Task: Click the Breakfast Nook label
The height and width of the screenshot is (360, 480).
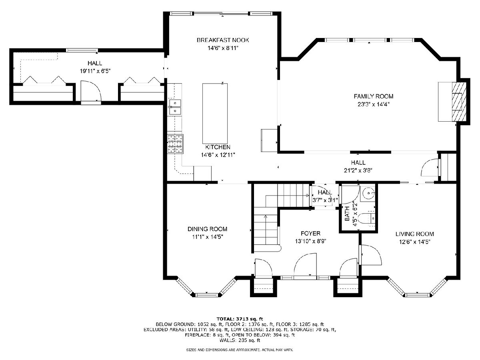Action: click(223, 40)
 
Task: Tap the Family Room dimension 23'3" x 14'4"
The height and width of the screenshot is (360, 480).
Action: click(373, 104)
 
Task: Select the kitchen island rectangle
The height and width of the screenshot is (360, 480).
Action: click(215, 113)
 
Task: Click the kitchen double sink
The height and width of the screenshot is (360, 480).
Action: click(175, 107)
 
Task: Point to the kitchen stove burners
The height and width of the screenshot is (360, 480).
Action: click(175, 144)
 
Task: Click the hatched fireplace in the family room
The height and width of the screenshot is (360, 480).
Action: click(459, 102)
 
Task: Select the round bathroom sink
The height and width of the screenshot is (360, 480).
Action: click(369, 193)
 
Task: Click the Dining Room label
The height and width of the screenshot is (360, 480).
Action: click(207, 229)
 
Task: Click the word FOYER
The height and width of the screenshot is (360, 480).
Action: click(310, 233)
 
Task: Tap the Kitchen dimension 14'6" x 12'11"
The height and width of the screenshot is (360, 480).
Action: click(218, 155)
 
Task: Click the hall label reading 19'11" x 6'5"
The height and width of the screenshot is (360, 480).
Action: click(95, 71)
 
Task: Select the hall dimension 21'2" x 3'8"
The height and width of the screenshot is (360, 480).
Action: click(358, 170)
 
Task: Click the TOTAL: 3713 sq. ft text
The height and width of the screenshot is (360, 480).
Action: click(240, 319)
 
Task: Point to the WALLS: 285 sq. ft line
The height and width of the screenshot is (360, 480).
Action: click(240, 340)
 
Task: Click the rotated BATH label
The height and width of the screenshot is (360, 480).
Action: click(347, 214)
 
